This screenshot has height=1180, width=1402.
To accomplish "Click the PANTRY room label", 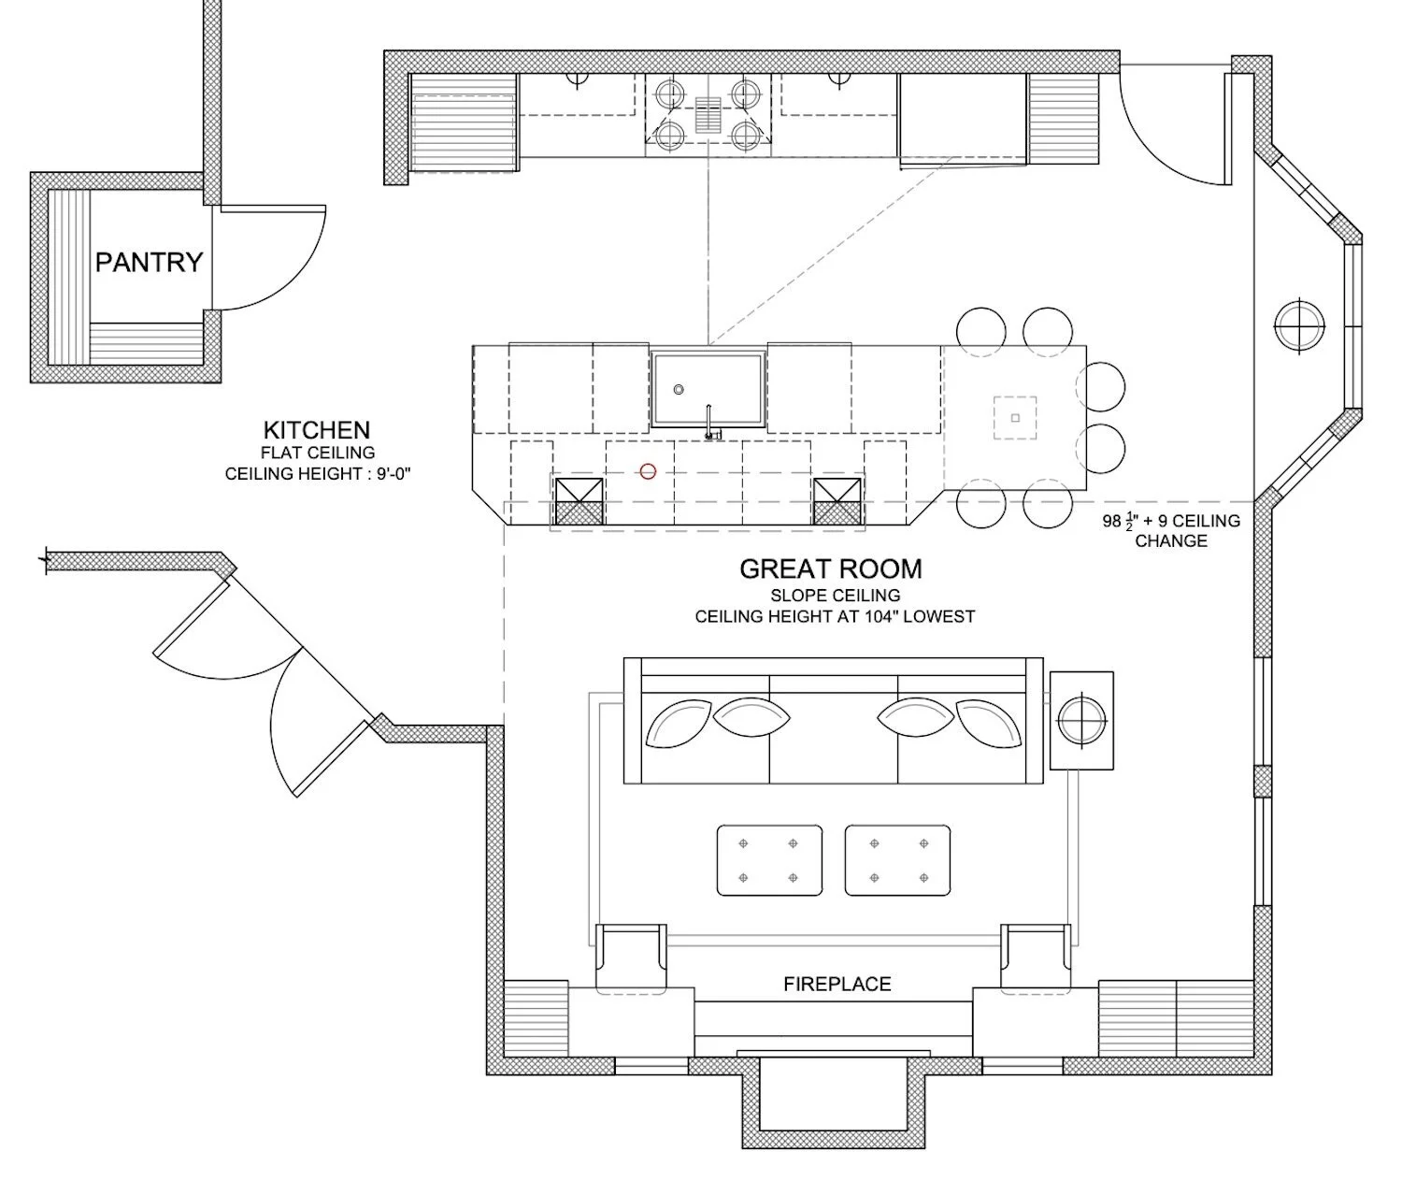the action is [x=149, y=262].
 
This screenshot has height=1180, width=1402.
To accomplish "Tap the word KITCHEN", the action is [x=317, y=430].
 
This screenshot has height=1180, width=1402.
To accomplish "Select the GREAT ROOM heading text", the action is [x=831, y=568].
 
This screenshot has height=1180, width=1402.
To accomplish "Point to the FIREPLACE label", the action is [x=837, y=984].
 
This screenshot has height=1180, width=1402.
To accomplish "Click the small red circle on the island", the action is [x=648, y=472].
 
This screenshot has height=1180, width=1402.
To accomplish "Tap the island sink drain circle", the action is [x=679, y=390].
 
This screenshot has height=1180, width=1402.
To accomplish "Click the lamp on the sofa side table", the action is [x=1081, y=720].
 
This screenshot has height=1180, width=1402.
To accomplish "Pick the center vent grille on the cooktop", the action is [x=708, y=115].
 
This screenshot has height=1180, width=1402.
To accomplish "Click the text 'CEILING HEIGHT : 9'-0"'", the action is [x=318, y=473].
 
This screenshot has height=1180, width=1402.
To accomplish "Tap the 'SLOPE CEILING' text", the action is [x=836, y=595].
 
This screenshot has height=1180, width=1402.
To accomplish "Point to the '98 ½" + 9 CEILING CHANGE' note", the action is [x=1171, y=530].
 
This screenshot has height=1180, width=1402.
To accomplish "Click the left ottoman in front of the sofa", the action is [x=769, y=860].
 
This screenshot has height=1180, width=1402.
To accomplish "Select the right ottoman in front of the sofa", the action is [x=897, y=860].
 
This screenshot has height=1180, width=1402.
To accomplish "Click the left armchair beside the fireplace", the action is [x=631, y=958].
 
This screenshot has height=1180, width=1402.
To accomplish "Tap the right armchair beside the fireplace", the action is [x=1036, y=958].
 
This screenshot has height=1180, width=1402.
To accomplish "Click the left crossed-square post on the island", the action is [x=579, y=501].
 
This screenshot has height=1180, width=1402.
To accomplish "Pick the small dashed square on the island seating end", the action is [x=1014, y=418].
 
